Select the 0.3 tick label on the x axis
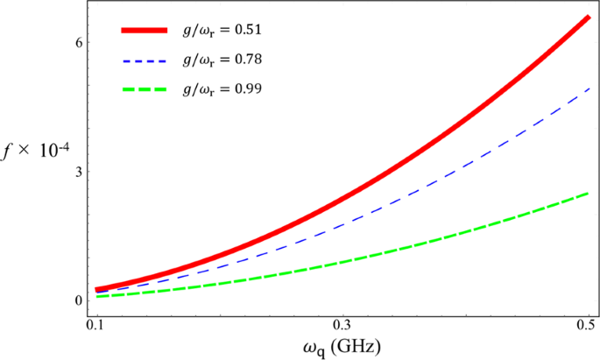[x=342, y=323]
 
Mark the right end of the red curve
[x=588, y=18]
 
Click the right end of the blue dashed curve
[x=588, y=88]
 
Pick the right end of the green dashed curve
[x=588, y=193]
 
